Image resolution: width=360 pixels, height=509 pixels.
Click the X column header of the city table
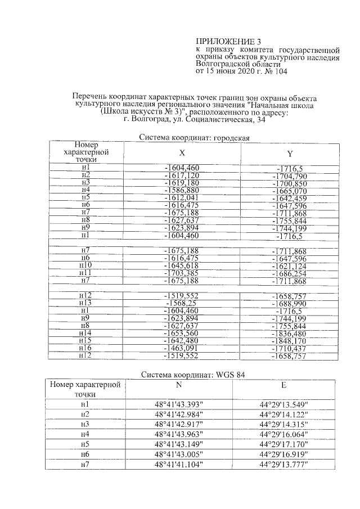182,152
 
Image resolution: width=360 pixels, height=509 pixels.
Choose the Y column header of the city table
290,154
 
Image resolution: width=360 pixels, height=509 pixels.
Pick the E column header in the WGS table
283,385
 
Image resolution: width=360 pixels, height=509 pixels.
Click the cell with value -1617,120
181,175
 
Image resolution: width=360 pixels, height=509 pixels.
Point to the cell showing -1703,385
181,273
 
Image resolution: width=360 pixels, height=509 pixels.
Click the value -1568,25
181,303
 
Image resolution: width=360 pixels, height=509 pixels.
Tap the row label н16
85,349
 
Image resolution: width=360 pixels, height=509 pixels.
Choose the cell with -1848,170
290,341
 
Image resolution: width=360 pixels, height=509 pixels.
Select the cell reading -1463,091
181,349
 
